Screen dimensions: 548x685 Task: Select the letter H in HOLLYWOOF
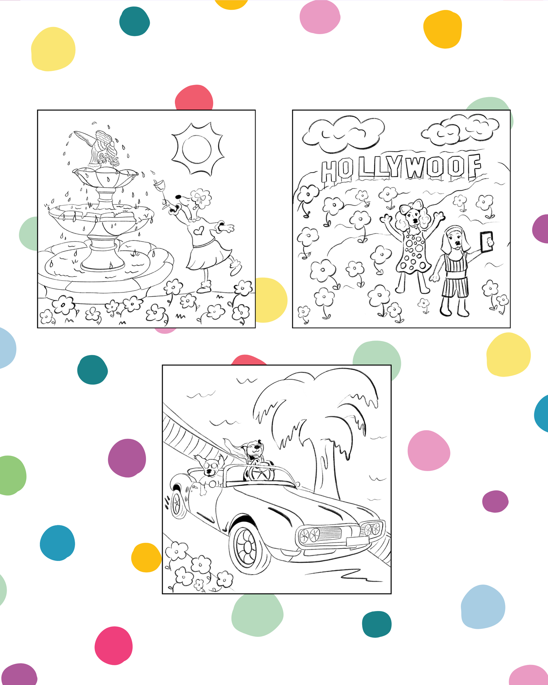[329, 171]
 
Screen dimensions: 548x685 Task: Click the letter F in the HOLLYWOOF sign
[474, 167]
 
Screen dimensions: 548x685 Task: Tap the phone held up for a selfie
[487, 242]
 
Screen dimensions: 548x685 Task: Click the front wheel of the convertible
[249, 546]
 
